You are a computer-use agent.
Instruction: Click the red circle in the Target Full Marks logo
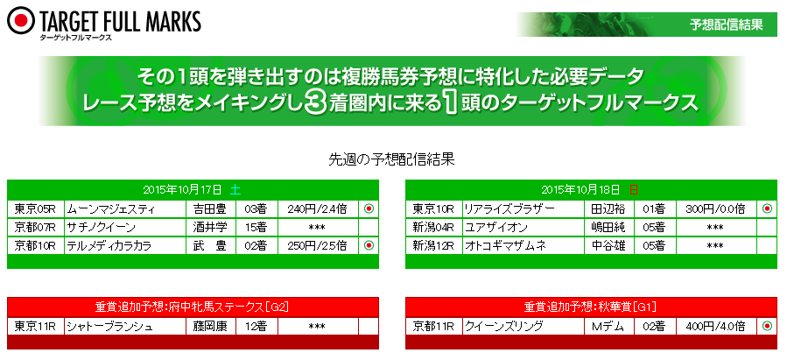(x=21, y=20)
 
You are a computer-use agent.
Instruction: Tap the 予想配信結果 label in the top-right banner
(x=727, y=25)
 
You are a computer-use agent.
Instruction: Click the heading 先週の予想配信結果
(x=391, y=159)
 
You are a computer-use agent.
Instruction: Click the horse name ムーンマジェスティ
(x=111, y=209)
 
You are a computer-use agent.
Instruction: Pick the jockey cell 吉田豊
(x=210, y=209)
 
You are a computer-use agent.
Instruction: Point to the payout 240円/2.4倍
(x=317, y=209)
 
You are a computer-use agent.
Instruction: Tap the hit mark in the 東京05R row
(x=369, y=208)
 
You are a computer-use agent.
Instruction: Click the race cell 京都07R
(x=35, y=228)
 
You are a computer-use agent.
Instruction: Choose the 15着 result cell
(x=256, y=228)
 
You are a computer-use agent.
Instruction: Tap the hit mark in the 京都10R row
(x=369, y=245)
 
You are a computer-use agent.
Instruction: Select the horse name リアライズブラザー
(x=508, y=209)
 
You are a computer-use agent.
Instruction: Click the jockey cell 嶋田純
(x=608, y=228)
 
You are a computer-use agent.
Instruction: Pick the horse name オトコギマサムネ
(x=505, y=245)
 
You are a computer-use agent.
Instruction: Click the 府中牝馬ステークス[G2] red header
(x=193, y=307)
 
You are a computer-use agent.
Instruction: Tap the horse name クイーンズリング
(x=504, y=327)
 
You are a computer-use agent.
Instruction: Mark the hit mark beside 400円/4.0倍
(x=767, y=326)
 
